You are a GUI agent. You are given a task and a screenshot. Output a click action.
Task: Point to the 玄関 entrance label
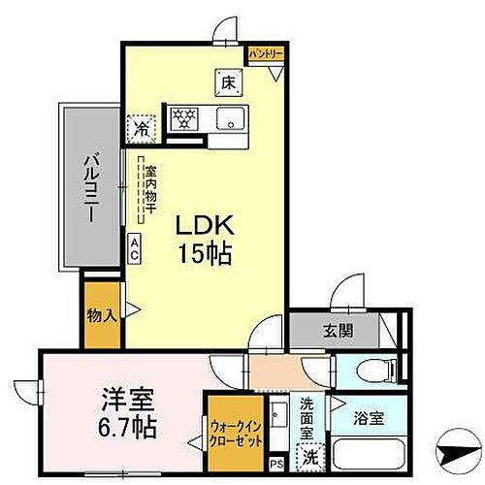tap(339, 330)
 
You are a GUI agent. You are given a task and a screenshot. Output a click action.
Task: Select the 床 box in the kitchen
tap(229, 82)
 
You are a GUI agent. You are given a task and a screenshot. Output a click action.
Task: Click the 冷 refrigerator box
tap(143, 126)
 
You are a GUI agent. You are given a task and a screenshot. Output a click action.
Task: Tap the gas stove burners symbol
tap(184, 120)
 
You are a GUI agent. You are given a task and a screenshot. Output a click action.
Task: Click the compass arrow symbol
tap(457, 450)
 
